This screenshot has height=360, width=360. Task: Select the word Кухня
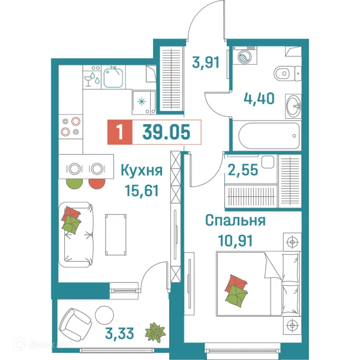coord(142,171)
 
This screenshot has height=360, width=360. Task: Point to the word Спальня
coord(235,221)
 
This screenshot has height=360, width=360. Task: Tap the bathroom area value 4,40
coord(259,97)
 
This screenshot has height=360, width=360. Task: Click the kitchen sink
coord(113,76)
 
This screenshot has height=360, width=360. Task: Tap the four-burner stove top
coord(71,127)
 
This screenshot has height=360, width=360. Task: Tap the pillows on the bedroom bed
coord(236,289)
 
